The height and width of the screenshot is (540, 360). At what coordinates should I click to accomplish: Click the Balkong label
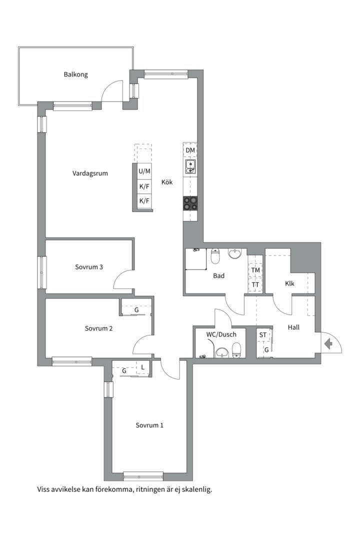[76, 74]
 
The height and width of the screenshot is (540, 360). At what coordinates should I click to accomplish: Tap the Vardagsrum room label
[90, 173]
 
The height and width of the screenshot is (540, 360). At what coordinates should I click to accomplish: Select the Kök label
[167, 182]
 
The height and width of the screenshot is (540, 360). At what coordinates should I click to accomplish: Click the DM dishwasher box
[190, 150]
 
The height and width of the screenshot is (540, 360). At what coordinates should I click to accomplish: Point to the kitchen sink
[190, 166]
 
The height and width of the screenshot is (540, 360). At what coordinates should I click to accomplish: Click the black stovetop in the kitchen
[190, 203]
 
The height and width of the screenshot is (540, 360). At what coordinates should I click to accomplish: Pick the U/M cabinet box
[144, 171]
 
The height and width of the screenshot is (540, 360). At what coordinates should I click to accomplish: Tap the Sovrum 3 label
[89, 267]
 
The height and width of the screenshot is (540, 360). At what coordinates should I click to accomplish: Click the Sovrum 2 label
[98, 328]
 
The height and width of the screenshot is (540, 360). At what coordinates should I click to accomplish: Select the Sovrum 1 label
[149, 425]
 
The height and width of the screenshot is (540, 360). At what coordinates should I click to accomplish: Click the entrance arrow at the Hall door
[328, 343]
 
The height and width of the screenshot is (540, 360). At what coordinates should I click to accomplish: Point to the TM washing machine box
[255, 270]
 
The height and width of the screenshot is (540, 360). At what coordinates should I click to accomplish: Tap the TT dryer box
[255, 285]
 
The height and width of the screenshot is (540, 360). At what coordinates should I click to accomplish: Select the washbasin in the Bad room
[235, 254]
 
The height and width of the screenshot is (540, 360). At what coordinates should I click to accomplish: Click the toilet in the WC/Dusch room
[236, 350]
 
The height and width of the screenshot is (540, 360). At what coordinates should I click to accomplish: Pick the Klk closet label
[289, 283]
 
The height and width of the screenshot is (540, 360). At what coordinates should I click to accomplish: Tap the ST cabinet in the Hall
[263, 334]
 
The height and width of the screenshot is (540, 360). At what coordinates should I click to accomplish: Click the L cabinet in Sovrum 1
[143, 367]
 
